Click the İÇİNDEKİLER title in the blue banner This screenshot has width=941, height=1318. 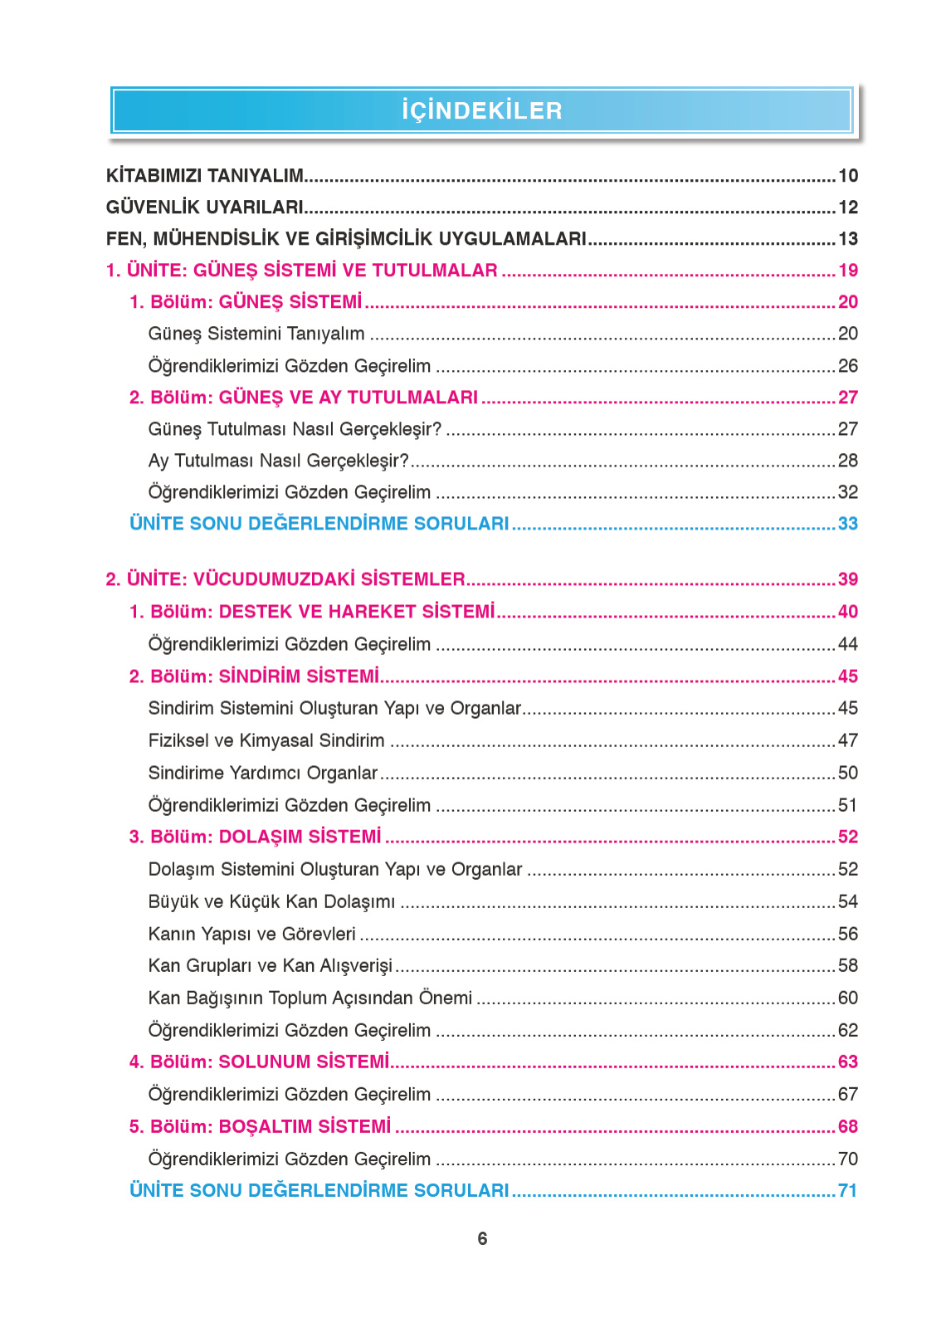point(481,110)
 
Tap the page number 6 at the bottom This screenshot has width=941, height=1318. point(482,1238)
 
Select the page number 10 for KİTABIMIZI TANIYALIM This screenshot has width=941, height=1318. point(847,176)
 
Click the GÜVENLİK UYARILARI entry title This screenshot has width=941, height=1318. point(204,207)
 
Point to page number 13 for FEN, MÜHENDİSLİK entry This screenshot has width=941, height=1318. point(847,239)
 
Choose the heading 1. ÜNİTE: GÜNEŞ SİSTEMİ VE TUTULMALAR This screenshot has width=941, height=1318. point(301,271)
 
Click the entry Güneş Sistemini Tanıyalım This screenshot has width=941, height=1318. point(256,334)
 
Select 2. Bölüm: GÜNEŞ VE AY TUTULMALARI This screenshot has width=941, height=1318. point(303,398)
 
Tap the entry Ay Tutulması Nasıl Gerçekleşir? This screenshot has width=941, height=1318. point(278,461)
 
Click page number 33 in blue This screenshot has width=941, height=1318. point(847,524)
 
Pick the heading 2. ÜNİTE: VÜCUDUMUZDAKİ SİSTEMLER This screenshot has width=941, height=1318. point(285,579)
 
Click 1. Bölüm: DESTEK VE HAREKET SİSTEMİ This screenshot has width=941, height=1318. point(311,612)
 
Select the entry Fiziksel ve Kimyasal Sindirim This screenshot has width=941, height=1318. point(266,740)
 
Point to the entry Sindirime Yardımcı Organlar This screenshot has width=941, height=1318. point(262,773)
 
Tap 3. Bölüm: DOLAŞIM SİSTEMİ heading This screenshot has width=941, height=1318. point(255,837)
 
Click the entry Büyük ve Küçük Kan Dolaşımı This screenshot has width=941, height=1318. point(271,901)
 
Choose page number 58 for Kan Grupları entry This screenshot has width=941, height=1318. point(847,965)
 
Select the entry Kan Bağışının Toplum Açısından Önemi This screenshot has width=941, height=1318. point(310,998)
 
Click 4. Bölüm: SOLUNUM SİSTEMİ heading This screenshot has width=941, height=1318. point(259,1062)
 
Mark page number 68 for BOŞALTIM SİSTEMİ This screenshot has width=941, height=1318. point(847,1126)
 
